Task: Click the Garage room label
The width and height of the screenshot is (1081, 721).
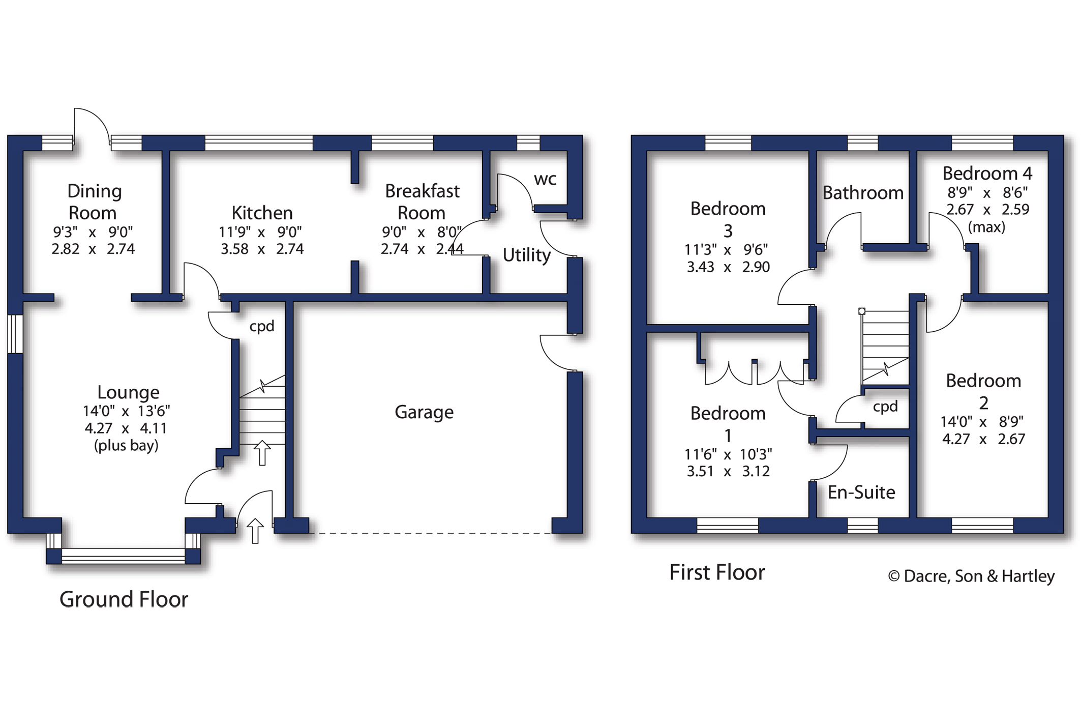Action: coord(424,412)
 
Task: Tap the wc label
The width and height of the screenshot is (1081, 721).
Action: coord(545,179)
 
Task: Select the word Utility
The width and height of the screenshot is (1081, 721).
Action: coord(526,254)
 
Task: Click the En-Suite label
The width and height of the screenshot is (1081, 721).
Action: coord(861,492)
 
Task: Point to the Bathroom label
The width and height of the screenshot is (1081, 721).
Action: coord(862,193)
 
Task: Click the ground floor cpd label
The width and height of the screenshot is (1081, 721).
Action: coord(261,326)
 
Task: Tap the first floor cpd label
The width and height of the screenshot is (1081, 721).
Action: coord(885,406)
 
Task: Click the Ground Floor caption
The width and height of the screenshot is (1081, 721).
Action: coord(124,599)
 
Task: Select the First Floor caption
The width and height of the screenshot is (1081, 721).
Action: coord(716,572)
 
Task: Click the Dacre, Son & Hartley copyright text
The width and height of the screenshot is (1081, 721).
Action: coord(971,576)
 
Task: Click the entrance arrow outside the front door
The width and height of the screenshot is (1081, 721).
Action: coord(255,531)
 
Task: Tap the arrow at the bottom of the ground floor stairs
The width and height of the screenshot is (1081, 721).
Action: coord(262,452)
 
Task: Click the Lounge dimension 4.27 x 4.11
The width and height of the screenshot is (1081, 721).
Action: coord(126,428)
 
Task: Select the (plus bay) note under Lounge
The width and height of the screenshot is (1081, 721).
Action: coord(126,445)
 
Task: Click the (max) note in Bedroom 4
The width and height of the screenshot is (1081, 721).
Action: coord(986,227)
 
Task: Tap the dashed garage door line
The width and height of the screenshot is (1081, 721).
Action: coord(430,533)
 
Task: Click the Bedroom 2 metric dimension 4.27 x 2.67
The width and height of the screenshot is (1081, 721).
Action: coord(983,439)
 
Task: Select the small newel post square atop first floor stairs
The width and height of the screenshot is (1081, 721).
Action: coord(861,311)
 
